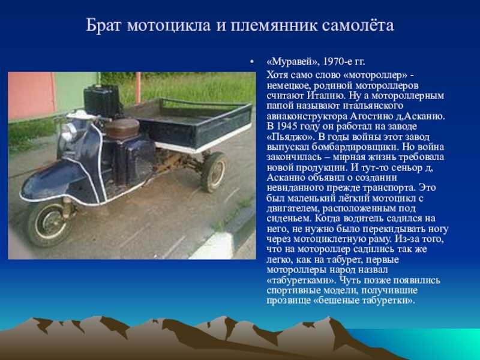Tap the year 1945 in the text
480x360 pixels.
point(286,126)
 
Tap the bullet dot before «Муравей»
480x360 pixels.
point(251,62)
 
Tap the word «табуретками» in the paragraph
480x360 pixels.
point(301,280)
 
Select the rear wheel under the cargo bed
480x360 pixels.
point(214,172)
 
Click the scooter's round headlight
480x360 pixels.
point(69,133)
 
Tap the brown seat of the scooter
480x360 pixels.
point(122,128)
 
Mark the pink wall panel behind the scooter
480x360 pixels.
point(31,95)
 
